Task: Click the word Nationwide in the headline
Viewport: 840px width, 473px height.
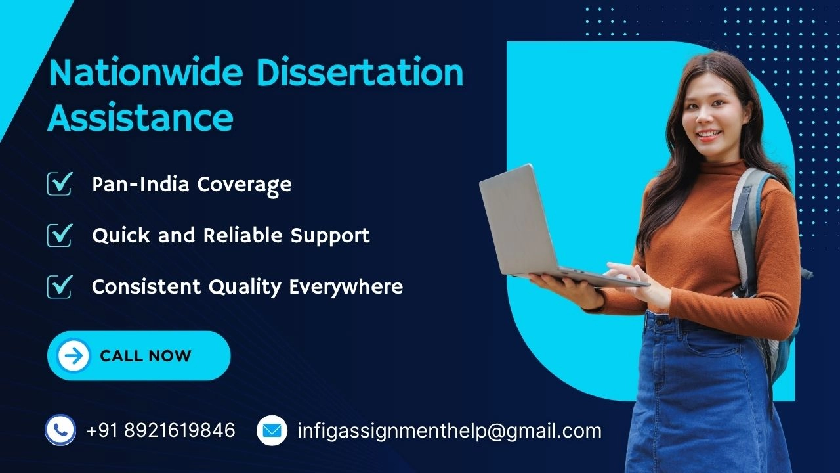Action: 146,72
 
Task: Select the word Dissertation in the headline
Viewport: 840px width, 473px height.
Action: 360,72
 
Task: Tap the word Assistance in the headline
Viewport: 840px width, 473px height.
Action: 140,117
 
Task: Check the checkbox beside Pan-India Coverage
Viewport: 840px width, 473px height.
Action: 60,183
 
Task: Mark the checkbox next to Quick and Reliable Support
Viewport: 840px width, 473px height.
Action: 60,235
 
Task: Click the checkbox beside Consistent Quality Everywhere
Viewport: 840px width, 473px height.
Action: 60,286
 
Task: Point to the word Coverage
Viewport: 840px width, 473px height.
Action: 245,185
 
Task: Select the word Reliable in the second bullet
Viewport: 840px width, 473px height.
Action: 243,235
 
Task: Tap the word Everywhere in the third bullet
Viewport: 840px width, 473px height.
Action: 346,287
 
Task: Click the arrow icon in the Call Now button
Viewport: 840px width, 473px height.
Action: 73,355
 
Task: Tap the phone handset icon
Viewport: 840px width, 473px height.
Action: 60,430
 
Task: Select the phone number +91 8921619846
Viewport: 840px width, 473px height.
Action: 161,430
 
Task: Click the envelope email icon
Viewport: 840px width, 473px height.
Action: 272,430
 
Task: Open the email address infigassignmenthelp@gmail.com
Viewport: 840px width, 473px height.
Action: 450,431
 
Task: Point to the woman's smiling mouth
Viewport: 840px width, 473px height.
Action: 708,134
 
